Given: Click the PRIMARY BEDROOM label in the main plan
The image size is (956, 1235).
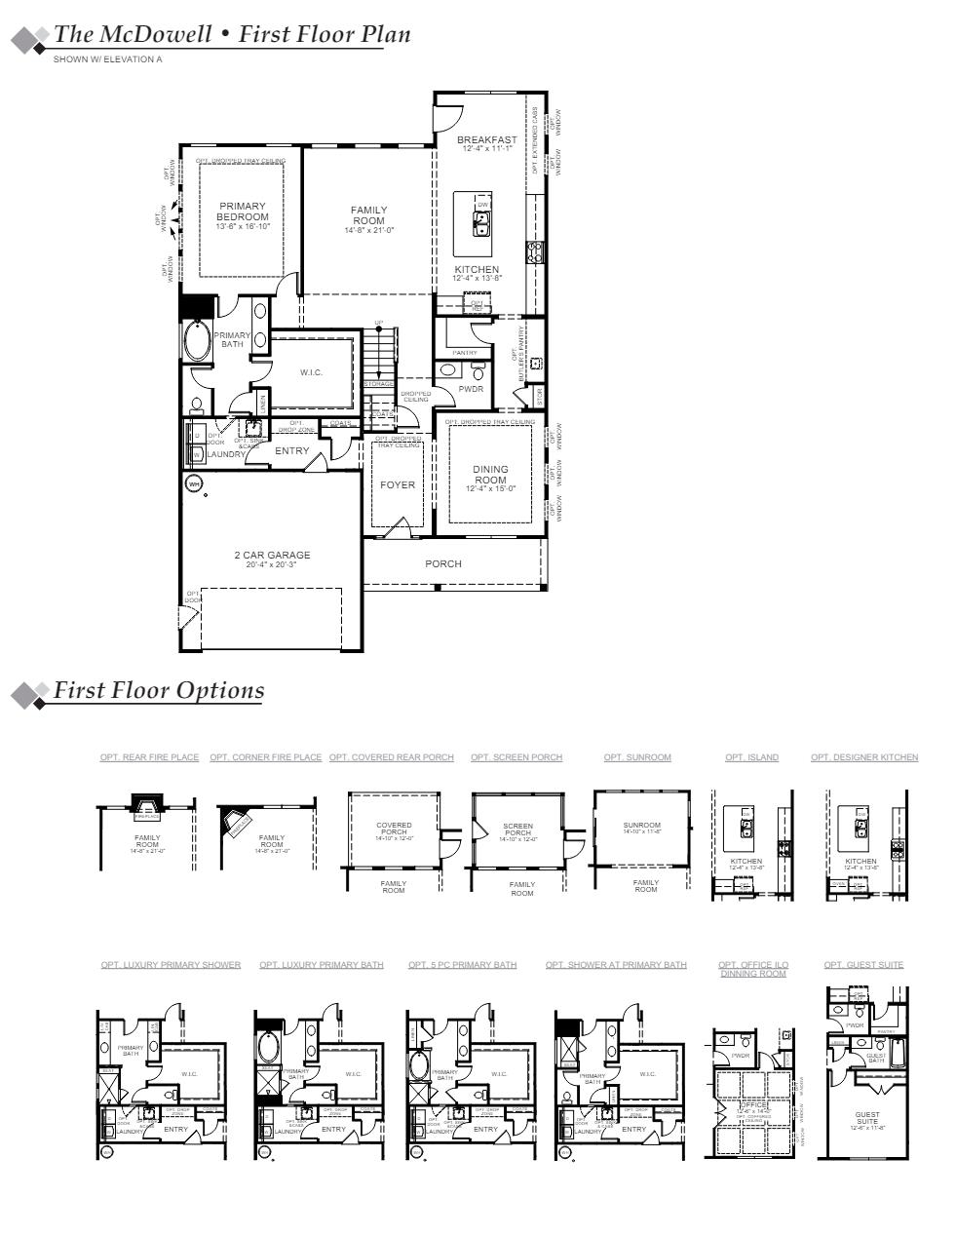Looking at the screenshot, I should point(242,212).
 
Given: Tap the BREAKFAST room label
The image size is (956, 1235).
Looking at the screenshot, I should point(487,140).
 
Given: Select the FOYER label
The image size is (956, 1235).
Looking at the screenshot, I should point(398,484).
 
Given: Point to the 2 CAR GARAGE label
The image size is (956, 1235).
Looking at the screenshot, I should point(272,556).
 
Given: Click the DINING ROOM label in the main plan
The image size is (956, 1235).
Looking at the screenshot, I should point(490,475).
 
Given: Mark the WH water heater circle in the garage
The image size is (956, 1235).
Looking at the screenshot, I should point(193,483).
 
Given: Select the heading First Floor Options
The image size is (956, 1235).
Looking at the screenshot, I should point(158,690).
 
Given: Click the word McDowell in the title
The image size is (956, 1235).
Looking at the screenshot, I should point(155,34).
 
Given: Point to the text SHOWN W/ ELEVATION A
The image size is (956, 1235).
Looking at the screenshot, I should point(108,59).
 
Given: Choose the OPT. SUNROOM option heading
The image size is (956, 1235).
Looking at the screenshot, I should point(637,757).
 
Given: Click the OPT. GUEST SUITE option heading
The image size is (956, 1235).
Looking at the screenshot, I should point(863,965).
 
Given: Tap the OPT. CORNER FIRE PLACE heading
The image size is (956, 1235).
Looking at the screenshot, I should point(265,757).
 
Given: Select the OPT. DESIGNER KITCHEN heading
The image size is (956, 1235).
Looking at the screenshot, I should point(864,757).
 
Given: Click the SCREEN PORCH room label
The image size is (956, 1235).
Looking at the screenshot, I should point(518,830).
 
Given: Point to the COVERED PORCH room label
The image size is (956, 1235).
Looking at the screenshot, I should point(394,829).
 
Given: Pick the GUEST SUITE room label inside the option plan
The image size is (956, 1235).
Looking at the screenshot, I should point(866,1118).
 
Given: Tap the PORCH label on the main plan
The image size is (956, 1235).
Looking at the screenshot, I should point(443,563).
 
